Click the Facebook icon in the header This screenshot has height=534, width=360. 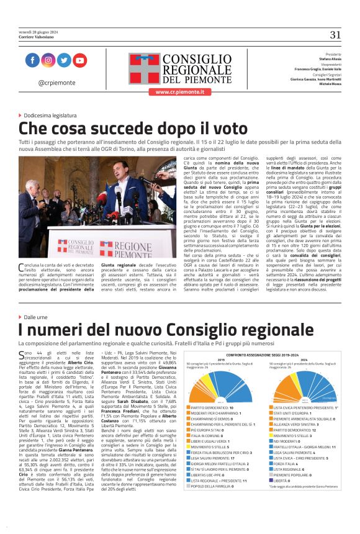33,60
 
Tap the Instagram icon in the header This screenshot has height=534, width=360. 48,60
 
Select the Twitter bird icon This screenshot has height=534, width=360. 64,60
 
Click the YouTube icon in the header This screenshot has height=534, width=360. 79,60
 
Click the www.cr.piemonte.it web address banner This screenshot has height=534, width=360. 179,91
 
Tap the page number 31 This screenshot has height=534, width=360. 335,34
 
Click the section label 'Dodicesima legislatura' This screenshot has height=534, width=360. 50,115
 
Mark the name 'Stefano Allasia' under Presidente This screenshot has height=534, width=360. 329,58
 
